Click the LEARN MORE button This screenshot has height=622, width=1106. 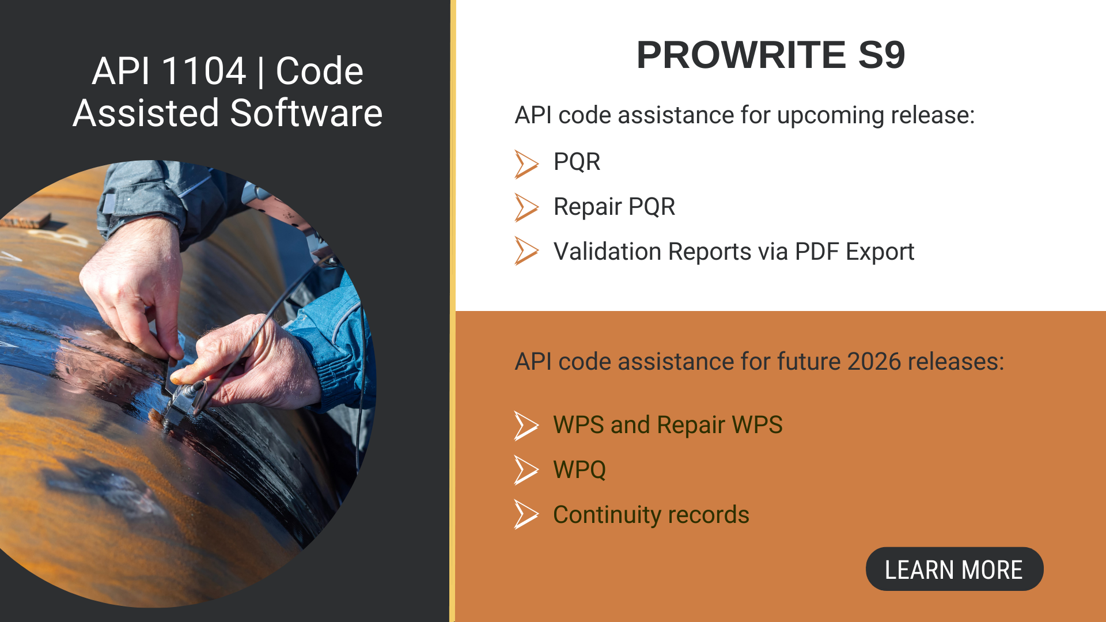(x=954, y=569)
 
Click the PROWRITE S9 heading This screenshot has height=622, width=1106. (x=771, y=55)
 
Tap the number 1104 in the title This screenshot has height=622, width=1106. (x=203, y=71)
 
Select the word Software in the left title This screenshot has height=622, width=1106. (x=306, y=113)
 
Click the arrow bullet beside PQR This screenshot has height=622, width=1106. (x=526, y=164)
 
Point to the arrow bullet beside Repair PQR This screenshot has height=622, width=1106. (x=526, y=207)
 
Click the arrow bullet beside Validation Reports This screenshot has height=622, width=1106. (x=526, y=251)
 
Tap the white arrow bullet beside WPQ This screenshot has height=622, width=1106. (x=526, y=470)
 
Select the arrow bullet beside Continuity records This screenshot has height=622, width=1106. (x=526, y=514)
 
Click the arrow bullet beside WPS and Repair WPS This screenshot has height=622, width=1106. (x=526, y=426)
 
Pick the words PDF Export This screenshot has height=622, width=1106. (x=854, y=252)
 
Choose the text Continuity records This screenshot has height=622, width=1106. (x=651, y=515)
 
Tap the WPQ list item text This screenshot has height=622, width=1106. (x=579, y=470)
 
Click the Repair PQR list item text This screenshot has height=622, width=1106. (x=614, y=207)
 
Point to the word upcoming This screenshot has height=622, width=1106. (x=831, y=116)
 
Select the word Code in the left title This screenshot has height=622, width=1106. (x=319, y=71)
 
